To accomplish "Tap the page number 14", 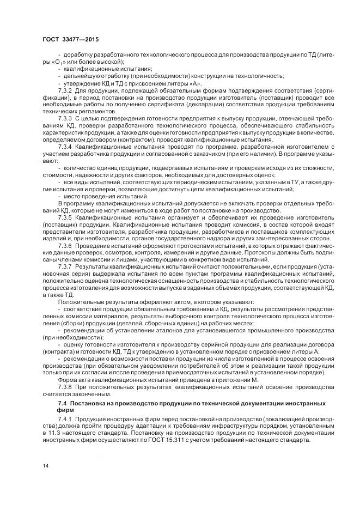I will [x=45, y=466].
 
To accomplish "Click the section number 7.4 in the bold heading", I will [x=63, y=403].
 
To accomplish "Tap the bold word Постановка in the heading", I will [x=87, y=403].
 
